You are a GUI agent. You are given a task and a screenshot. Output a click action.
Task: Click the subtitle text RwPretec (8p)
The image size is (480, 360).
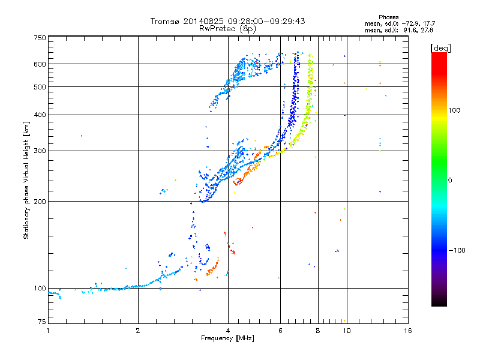click(x=227, y=29)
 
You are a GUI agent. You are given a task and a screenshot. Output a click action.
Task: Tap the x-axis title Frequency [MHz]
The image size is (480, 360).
click(x=227, y=338)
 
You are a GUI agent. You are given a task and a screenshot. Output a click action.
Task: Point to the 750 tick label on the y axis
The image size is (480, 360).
click(x=40, y=38)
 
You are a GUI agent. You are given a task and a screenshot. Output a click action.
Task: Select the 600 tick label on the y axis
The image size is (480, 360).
click(x=40, y=64)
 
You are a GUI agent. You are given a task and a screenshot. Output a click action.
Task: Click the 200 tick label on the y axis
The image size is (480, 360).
click(x=40, y=202)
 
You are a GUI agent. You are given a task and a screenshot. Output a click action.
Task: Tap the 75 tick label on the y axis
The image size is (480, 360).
click(x=42, y=322)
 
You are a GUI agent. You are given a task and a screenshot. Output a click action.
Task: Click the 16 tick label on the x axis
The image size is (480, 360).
click(x=408, y=331)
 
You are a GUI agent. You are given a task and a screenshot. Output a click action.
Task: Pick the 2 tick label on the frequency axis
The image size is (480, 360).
click(x=138, y=331)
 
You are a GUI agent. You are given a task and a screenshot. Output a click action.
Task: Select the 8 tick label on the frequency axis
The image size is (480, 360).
click(x=318, y=331)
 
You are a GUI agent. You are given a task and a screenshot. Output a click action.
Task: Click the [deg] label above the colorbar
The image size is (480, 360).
click(x=440, y=49)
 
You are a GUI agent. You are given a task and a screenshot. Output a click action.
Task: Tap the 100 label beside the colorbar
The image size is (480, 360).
click(x=454, y=110)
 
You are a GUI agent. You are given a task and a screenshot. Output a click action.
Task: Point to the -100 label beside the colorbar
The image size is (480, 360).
click(x=457, y=250)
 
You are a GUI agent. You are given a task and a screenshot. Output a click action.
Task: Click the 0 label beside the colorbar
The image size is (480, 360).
click(x=450, y=180)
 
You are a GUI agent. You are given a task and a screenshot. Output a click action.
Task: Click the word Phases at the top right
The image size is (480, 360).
click(x=389, y=17)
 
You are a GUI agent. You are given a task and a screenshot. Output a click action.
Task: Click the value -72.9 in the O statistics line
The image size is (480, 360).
click(x=411, y=23)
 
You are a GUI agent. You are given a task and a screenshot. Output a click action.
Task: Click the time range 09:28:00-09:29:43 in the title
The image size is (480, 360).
click(x=266, y=21)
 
